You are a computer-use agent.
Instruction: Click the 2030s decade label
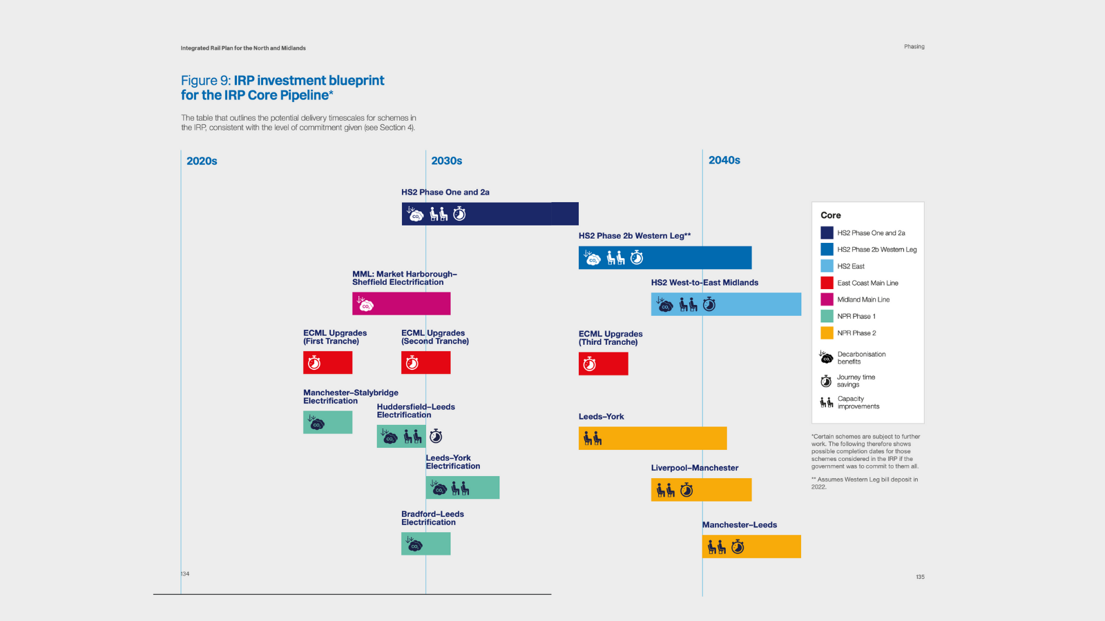(x=446, y=161)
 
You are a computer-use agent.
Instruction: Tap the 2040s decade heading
(x=724, y=160)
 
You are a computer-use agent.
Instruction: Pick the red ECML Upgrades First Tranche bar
(x=327, y=363)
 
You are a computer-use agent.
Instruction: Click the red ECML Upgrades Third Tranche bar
(x=603, y=364)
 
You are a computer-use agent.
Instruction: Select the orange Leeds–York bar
(x=653, y=438)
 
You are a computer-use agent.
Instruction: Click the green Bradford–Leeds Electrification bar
(x=425, y=544)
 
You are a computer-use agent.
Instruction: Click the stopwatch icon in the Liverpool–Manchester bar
(x=686, y=490)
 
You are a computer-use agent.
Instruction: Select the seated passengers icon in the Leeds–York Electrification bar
(x=460, y=489)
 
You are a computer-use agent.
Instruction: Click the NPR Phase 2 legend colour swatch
(x=827, y=333)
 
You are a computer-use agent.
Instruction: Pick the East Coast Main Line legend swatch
(x=827, y=283)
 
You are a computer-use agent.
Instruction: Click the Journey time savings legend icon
(x=826, y=381)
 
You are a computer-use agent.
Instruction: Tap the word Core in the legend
(x=830, y=215)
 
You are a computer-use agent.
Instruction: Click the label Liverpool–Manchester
(x=694, y=468)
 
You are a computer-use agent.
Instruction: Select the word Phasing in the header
(x=914, y=47)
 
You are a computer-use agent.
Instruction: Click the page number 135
(x=920, y=577)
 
